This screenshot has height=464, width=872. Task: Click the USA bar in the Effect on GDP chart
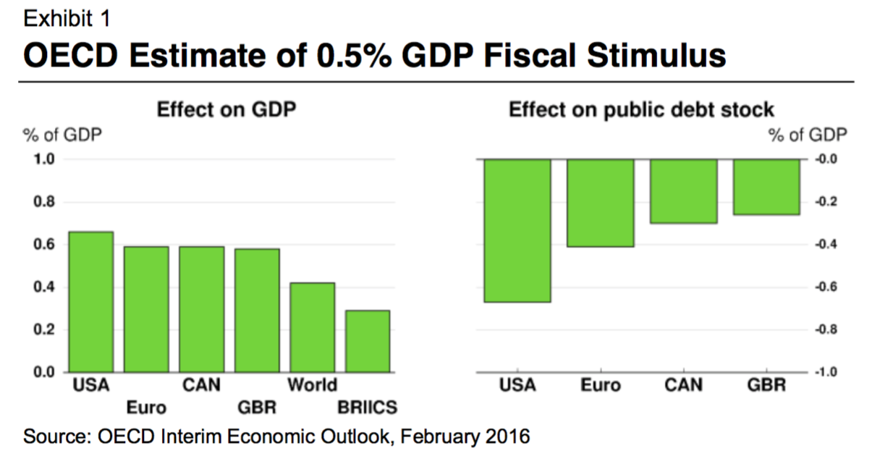(x=90, y=302)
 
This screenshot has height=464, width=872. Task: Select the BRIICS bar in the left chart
(x=368, y=342)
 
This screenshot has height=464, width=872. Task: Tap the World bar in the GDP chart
(x=312, y=327)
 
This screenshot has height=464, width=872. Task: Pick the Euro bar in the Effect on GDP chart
(x=146, y=309)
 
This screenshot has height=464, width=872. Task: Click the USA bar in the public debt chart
(x=517, y=230)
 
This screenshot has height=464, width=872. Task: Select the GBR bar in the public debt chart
(x=766, y=187)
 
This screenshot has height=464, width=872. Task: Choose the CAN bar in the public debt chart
(x=683, y=191)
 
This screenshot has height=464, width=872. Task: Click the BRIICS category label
(x=368, y=408)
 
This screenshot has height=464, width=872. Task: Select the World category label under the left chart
(x=312, y=384)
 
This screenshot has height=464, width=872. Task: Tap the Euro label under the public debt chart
(x=601, y=384)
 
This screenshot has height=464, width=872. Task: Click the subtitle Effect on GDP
(x=228, y=110)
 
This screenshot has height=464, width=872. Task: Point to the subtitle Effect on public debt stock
(x=642, y=110)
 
